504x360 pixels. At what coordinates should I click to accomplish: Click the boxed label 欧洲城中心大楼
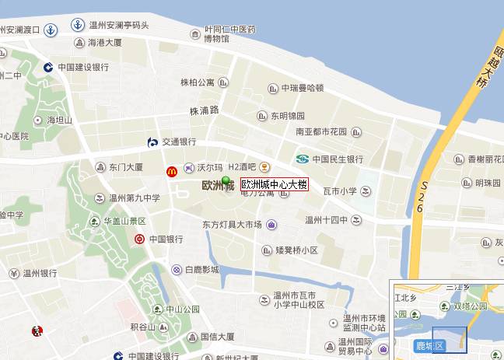(x=275, y=185)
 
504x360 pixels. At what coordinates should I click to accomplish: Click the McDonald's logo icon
(x=171, y=171)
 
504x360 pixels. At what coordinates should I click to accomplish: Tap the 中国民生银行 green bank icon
(x=302, y=159)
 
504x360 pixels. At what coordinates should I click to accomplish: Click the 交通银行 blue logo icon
(x=153, y=142)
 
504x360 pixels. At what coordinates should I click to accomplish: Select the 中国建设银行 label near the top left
(x=82, y=68)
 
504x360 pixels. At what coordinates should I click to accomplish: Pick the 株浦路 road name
(x=205, y=110)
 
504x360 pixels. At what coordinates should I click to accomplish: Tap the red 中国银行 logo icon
(x=139, y=239)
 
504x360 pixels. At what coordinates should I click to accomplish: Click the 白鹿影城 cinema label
(x=201, y=270)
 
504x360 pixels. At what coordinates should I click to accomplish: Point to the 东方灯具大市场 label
(x=232, y=225)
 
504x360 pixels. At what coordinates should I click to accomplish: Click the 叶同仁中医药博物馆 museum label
(x=229, y=33)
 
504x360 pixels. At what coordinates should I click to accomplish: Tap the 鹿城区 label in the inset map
(x=427, y=344)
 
